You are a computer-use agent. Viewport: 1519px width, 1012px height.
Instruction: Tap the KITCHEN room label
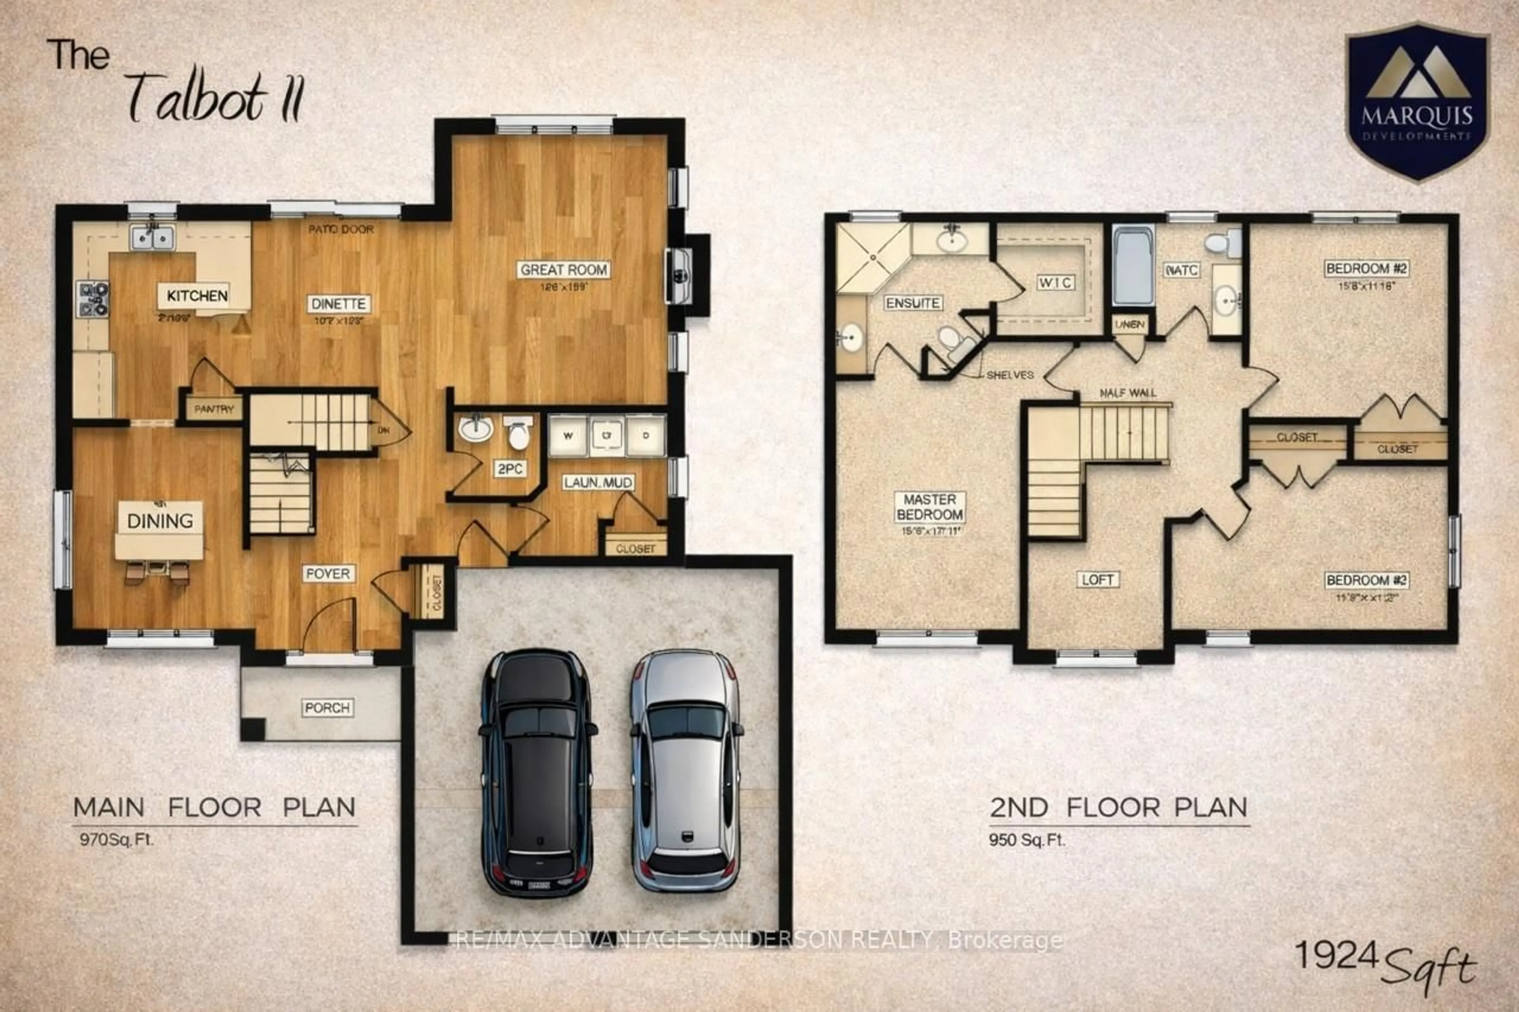point(197,295)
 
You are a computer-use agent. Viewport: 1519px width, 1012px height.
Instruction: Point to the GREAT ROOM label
point(564,270)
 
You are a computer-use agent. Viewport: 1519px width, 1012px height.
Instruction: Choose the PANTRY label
point(214,409)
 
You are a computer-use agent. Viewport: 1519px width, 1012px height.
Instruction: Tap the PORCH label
point(327,708)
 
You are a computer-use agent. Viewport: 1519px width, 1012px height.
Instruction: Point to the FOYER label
point(328,573)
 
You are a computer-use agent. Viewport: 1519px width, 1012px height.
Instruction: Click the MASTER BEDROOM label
point(930,507)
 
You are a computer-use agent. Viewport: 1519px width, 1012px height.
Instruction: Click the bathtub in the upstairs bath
point(1133,266)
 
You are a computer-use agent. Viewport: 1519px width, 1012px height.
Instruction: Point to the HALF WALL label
point(1128,392)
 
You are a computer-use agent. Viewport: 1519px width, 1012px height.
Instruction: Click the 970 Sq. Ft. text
point(117,840)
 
